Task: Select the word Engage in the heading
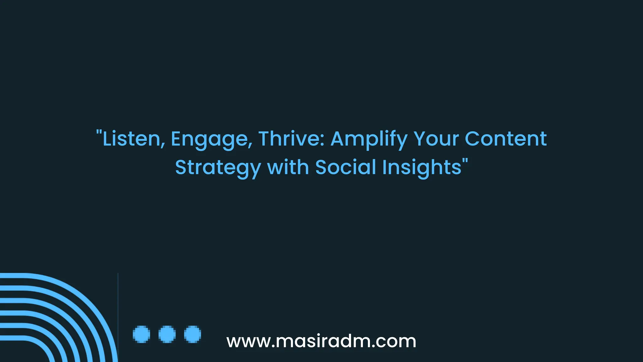(x=211, y=139)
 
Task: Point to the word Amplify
(x=369, y=139)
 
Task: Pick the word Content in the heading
(x=505, y=139)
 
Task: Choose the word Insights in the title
(x=422, y=167)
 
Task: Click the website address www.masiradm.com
(x=321, y=341)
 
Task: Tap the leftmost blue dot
(x=141, y=334)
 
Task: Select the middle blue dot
(x=167, y=334)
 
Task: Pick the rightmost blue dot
(x=192, y=334)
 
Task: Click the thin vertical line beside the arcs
(x=118, y=314)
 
